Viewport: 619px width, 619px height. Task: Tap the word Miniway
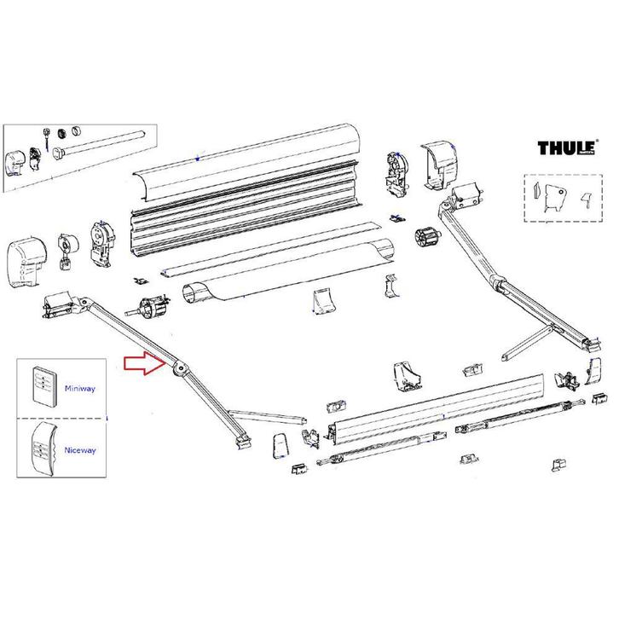pos(80,387)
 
